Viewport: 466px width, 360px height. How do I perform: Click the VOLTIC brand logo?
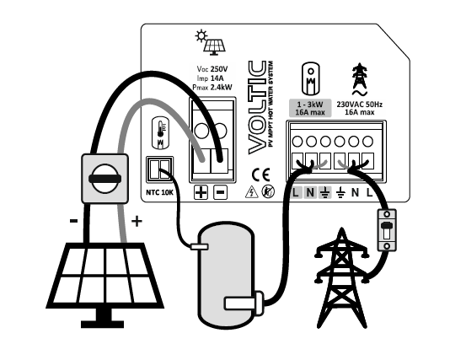[257, 107]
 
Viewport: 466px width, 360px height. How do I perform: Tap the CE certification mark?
[260, 175]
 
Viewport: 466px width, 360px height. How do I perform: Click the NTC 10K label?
[159, 192]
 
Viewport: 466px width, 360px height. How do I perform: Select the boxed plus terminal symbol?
[201, 192]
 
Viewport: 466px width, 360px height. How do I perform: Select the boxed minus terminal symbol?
[220, 192]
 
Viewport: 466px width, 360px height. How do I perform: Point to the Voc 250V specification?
[212, 69]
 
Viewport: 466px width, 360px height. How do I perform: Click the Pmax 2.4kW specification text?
[212, 88]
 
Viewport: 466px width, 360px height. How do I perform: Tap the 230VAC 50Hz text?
[359, 105]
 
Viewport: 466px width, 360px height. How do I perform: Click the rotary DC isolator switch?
[104, 179]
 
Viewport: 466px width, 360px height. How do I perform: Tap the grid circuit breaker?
[387, 230]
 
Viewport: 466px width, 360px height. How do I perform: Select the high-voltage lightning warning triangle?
[251, 191]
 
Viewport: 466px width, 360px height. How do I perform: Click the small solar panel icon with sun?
[210, 42]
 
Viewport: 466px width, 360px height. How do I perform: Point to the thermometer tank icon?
[160, 133]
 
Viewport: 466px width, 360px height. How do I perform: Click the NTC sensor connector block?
[159, 169]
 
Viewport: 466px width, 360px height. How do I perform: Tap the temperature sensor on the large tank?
[200, 246]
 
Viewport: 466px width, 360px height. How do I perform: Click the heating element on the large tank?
[244, 304]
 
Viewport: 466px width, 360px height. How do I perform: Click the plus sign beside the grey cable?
[137, 221]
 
